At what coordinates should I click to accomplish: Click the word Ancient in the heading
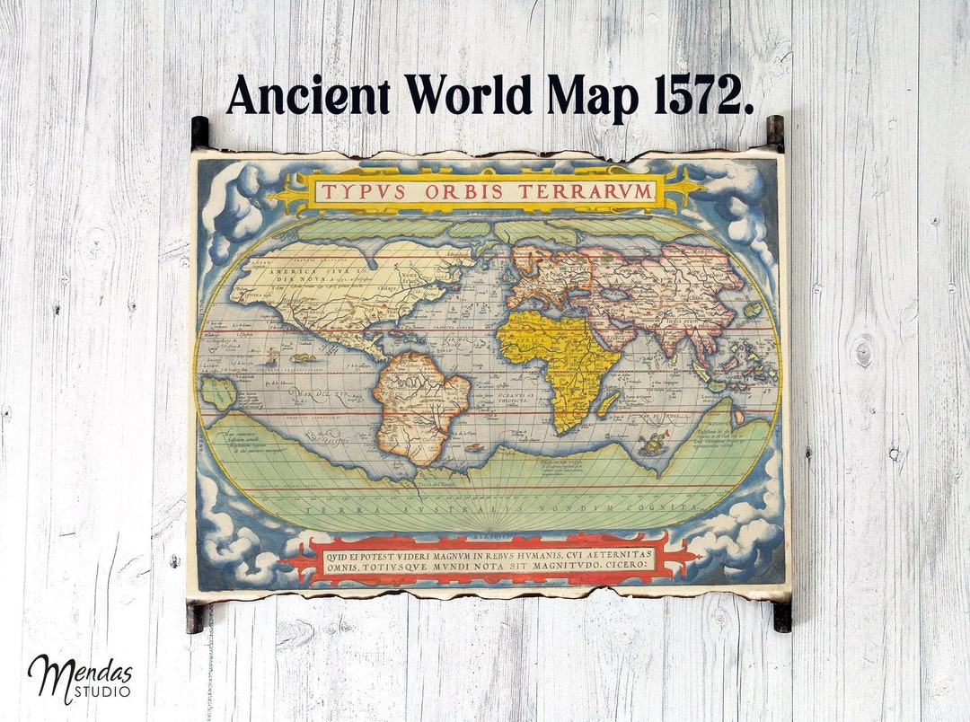point(307,95)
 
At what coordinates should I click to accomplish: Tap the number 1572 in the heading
point(703,95)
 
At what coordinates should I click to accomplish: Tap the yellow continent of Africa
point(559,359)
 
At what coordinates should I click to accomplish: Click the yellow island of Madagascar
point(608,403)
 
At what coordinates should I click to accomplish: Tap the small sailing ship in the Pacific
point(271,357)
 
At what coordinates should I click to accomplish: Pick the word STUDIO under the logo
point(106,692)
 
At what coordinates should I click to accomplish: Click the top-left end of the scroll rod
point(199,133)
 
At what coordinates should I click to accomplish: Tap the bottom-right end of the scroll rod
point(782,616)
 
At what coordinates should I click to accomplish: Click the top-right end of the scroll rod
point(774,133)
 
